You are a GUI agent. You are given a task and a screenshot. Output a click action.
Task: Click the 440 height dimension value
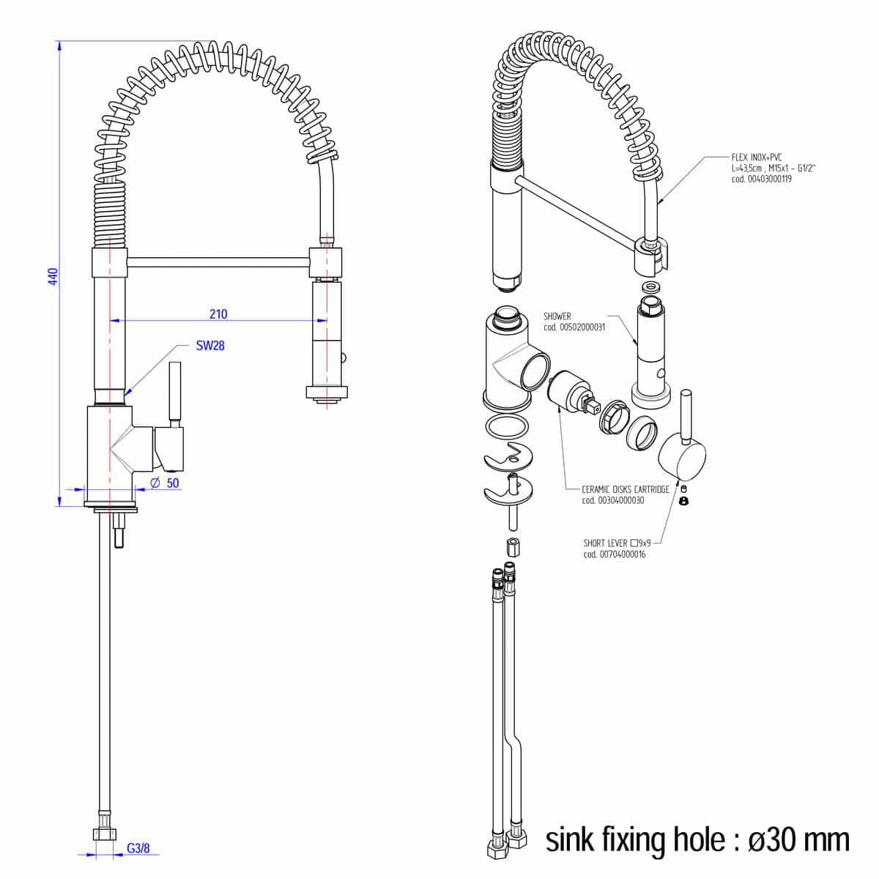point(53,277)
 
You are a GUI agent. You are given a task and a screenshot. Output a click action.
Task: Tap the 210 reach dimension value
point(218,314)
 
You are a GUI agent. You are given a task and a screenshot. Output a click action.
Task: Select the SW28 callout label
point(210,345)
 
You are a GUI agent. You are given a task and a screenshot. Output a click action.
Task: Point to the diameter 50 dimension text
point(165,483)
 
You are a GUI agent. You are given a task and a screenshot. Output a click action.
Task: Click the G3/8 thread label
point(138,848)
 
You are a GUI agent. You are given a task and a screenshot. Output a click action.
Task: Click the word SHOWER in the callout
point(557,316)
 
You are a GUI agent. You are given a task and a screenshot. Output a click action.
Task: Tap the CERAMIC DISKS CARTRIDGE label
point(626,489)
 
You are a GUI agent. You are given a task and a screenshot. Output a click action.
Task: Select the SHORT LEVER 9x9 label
point(617,544)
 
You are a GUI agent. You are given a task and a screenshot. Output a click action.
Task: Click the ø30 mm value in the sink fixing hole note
point(798,839)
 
